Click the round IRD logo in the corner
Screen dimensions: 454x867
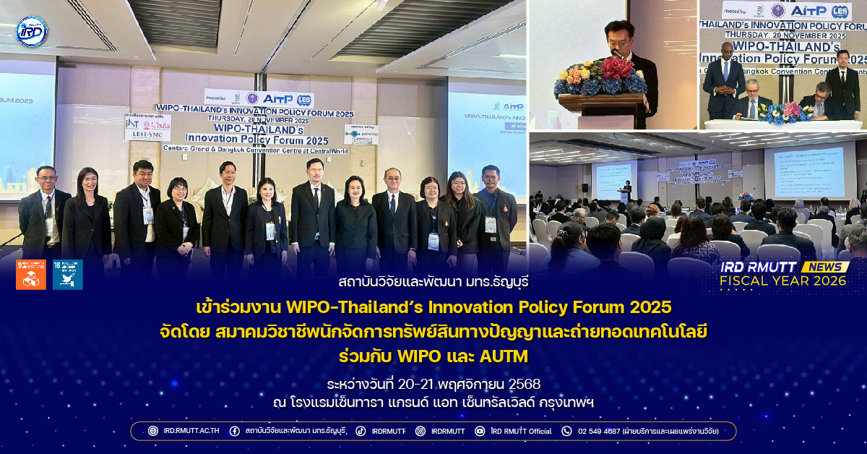(31, 31)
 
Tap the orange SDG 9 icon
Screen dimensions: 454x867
(30, 275)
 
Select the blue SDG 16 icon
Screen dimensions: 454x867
(67, 275)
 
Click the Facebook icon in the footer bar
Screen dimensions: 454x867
(234, 431)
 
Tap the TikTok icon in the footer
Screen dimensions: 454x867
(361, 431)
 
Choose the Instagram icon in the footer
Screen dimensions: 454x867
(420, 431)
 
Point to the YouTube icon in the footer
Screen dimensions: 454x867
(480, 431)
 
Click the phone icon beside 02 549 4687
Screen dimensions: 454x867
(566, 431)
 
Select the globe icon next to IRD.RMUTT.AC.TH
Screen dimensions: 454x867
(152, 431)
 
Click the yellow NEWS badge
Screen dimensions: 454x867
(825, 267)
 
